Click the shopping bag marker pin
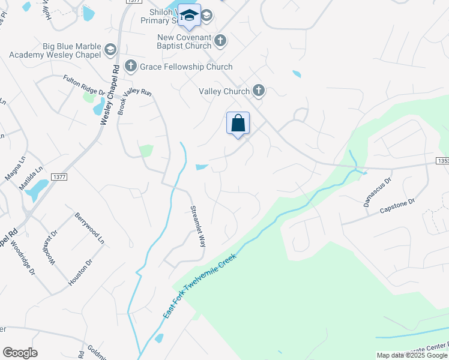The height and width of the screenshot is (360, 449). point(238,124)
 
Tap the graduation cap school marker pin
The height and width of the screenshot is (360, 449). point(189,16)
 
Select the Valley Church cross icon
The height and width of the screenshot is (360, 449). point(259,91)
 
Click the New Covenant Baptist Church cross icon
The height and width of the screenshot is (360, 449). point(220,41)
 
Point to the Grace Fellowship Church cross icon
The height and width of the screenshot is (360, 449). point(130,66)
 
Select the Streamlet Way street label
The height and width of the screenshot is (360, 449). point(198,226)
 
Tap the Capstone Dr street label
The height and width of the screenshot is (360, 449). point(397,206)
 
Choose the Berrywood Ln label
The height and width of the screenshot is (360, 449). point(89,228)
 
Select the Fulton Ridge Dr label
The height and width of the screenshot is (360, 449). point(85,85)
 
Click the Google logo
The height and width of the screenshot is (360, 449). point(20,353)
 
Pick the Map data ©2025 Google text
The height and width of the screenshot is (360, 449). point(411,355)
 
